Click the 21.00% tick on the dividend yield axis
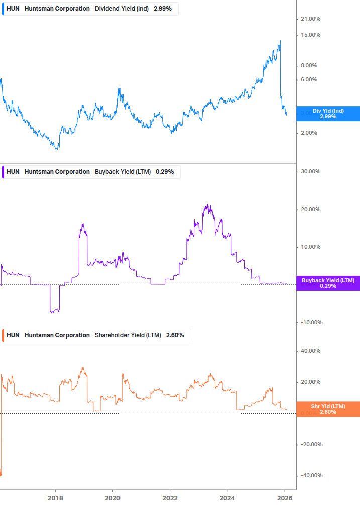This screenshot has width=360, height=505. coord(310,19)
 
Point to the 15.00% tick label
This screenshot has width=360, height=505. coord(310,35)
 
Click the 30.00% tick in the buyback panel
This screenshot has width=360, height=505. coord(310,172)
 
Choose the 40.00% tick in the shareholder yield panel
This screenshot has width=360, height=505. coord(310,351)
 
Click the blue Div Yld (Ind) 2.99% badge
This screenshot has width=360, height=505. coord(328,114)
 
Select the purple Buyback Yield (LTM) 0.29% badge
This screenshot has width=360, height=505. coord(328,283)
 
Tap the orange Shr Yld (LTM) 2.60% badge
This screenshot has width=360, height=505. coord(328,409)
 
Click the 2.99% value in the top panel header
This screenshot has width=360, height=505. coord(163,9)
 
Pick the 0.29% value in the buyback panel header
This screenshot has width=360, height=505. coord(165,172)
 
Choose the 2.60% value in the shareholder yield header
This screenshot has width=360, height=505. coord(175,335)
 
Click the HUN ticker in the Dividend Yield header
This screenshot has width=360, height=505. coord(13,9)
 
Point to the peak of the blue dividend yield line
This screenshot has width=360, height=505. coord(280,41)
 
